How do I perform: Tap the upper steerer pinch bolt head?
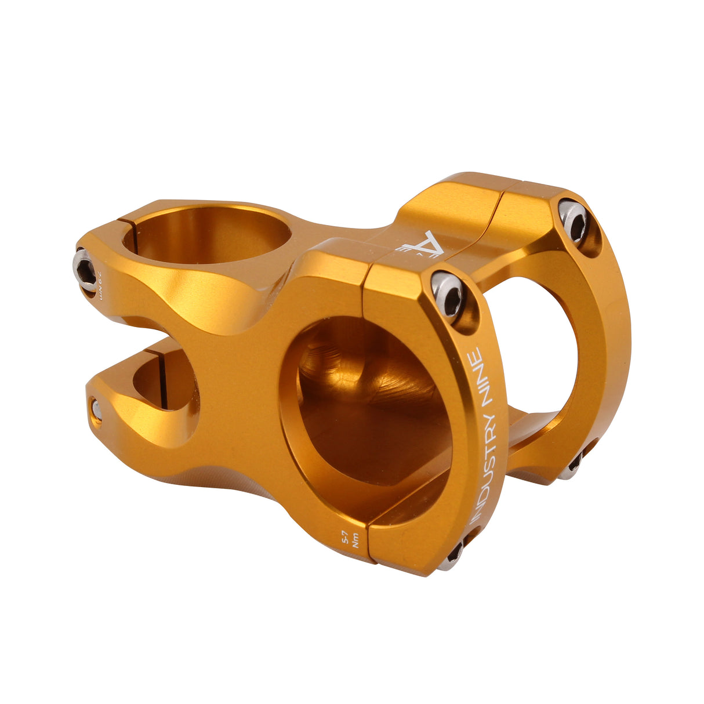point(85,270)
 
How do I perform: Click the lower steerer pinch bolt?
point(96,411)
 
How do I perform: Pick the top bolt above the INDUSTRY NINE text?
point(448,293)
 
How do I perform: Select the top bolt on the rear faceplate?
point(574,220)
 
